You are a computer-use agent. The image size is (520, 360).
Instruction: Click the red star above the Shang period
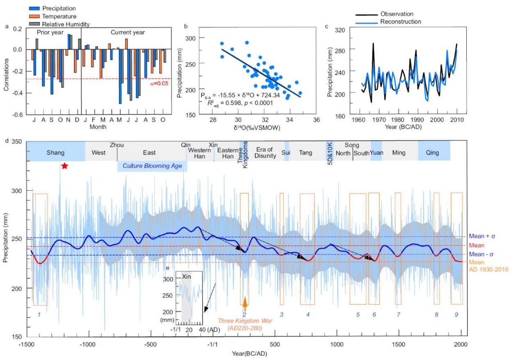[64, 166]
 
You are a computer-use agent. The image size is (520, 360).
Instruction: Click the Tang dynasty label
[305, 153]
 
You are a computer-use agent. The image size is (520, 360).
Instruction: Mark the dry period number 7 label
[398, 314]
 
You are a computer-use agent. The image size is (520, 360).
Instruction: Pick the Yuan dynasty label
[376, 153]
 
